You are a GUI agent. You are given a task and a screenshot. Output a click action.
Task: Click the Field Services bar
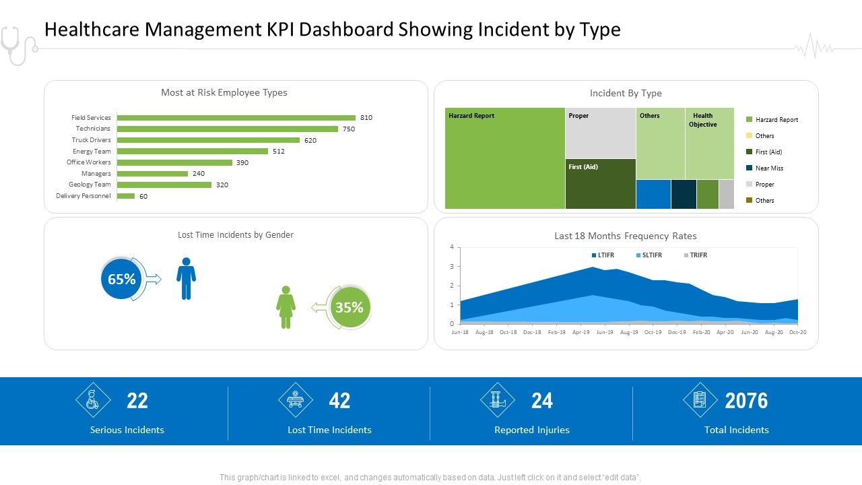tap(236, 118)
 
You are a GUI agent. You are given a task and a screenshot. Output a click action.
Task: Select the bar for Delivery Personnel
tap(126, 196)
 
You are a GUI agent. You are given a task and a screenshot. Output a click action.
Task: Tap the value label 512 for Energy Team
tap(279, 152)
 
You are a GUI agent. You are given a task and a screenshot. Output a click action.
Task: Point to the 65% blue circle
tap(121, 279)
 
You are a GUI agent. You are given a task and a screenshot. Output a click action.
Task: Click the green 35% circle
tap(349, 308)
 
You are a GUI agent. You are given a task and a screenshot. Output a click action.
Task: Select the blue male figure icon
tap(186, 278)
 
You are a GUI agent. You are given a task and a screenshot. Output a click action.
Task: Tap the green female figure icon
tap(286, 307)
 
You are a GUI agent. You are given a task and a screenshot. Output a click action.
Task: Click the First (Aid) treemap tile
tap(600, 184)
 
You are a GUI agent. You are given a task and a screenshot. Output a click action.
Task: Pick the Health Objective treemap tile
tap(709, 143)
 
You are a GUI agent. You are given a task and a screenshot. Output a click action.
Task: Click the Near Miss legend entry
tap(768, 168)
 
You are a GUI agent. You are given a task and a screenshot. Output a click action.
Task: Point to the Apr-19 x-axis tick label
tap(581, 332)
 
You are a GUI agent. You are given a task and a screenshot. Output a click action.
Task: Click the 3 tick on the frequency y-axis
tap(452, 267)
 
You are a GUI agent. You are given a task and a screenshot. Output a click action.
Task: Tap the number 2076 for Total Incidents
tap(746, 401)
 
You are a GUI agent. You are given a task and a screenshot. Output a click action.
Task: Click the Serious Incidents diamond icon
tap(93, 400)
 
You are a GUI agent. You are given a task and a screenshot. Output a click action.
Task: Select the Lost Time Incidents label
tap(329, 430)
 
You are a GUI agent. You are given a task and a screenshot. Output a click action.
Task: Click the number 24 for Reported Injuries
tap(541, 401)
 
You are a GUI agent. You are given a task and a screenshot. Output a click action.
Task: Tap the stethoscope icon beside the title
tap(16, 44)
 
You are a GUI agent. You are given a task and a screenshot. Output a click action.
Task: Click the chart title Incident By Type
tap(626, 94)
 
